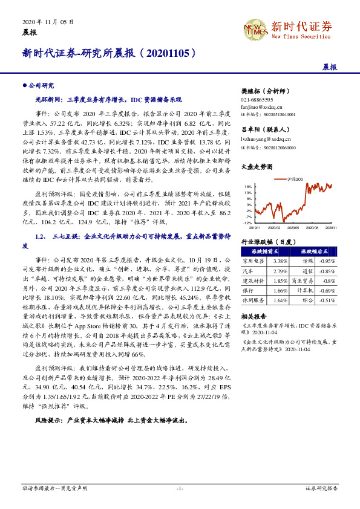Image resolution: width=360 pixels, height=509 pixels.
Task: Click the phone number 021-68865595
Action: (257, 99)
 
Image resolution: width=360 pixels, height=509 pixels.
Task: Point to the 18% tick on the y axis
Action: (249, 187)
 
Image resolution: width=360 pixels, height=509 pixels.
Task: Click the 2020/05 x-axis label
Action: (293, 228)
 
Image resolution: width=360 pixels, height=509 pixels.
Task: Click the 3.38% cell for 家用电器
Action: (280, 261)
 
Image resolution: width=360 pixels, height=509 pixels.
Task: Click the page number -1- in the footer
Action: (180, 487)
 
